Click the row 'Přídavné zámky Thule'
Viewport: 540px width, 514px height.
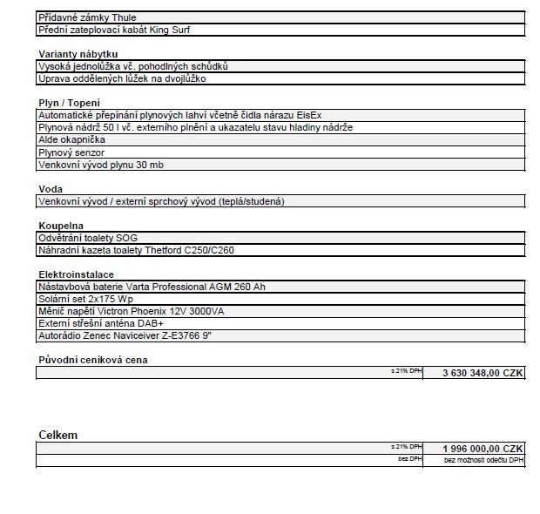pyautogui.click(x=87, y=17)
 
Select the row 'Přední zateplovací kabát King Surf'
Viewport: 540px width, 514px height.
pyautogui.click(x=114, y=30)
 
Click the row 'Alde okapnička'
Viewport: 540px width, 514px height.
pyautogui.click(x=71, y=139)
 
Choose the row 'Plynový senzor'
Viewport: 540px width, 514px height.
pyautogui.click(x=71, y=152)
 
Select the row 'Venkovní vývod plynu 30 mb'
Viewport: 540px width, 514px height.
pyautogui.click(x=100, y=164)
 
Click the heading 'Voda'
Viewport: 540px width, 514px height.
pyautogui.click(x=51, y=189)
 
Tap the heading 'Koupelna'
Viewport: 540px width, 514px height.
pyautogui.click(x=60, y=226)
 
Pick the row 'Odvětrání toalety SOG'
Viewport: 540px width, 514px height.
pyautogui.click(x=87, y=238)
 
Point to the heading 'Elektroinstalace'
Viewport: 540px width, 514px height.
pyautogui.click(x=76, y=274)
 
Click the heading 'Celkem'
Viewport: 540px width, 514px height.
pyautogui.click(x=57, y=435)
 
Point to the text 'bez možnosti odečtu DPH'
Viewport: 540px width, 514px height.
pyautogui.click(x=483, y=459)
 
